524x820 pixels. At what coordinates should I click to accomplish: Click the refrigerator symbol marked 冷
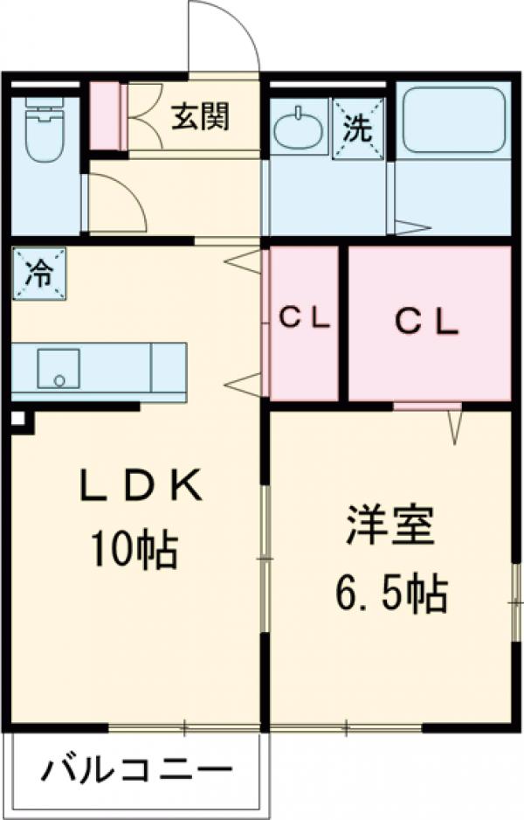[x=38, y=274]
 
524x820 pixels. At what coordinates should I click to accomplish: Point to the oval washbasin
[x=296, y=132]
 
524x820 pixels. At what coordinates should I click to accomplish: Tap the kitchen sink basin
[x=58, y=369]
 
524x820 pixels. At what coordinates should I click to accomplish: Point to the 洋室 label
[x=390, y=525]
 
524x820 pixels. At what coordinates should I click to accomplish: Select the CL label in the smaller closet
[x=305, y=320]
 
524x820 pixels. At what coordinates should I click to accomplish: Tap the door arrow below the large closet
[x=455, y=427]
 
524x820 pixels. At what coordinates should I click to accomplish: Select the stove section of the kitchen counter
[x=168, y=367]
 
